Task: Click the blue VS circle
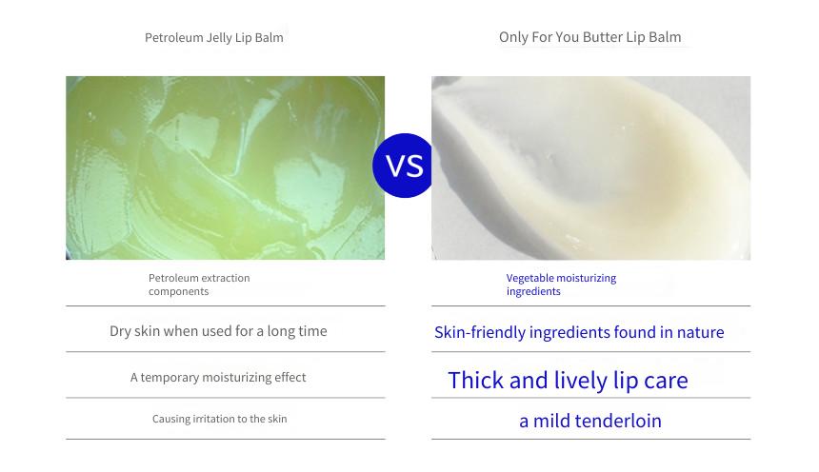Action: (x=403, y=166)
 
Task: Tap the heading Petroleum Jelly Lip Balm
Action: (x=214, y=38)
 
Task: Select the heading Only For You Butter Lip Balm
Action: (x=589, y=37)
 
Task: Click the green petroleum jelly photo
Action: (x=225, y=167)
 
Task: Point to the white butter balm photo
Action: (x=590, y=167)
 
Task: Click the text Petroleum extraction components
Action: (x=199, y=285)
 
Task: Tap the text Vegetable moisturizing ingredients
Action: (x=561, y=285)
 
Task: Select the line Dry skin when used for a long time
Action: (x=218, y=331)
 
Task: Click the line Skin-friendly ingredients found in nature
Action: (x=579, y=332)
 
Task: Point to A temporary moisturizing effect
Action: (x=218, y=377)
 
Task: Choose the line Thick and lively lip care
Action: (x=568, y=380)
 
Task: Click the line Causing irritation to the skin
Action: (x=219, y=419)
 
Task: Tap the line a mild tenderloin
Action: (x=590, y=421)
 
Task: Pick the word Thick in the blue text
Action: (x=476, y=380)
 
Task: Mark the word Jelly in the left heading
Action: (x=219, y=38)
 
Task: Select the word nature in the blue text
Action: (x=700, y=333)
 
